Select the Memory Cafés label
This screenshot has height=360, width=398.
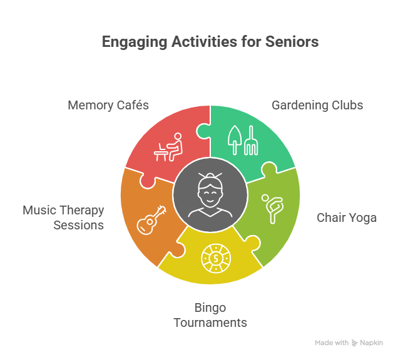click(x=108, y=105)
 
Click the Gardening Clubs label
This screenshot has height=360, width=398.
click(x=317, y=105)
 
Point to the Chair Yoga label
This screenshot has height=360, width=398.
click(x=347, y=217)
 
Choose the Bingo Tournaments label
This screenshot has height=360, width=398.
click(x=210, y=316)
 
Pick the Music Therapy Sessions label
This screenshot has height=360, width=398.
click(x=63, y=217)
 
